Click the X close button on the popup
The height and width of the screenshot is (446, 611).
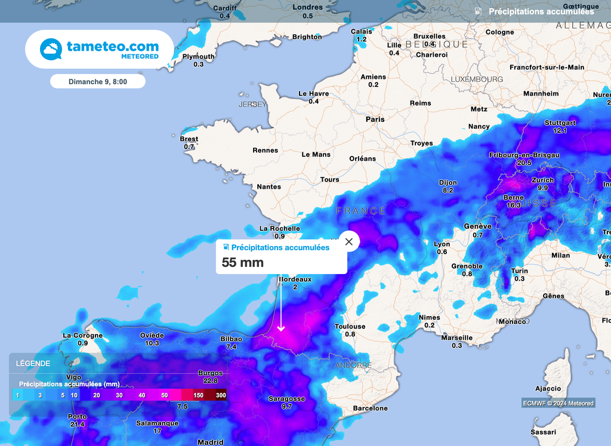[349, 242]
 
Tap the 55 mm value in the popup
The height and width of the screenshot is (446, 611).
[243, 262]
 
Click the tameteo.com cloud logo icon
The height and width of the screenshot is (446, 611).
[51, 49]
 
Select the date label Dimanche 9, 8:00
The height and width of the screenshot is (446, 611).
[97, 81]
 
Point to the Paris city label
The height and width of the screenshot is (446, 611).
[375, 119]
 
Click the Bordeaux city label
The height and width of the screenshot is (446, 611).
[295, 279]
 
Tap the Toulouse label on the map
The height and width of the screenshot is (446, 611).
[350, 327]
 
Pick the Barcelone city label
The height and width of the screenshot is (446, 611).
[371, 408]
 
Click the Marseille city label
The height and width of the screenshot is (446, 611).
[456, 338]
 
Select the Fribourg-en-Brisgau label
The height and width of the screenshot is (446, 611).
[524, 155]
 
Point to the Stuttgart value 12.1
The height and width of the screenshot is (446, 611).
[560, 131]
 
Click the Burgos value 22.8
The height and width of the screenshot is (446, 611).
[210, 381]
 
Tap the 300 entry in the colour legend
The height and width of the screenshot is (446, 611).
[221, 395]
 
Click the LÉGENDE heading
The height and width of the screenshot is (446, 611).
[33, 363]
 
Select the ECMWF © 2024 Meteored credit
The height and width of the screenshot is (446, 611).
[558, 403]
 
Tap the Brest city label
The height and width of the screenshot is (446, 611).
[189, 139]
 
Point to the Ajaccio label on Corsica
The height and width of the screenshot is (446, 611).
[548, 389]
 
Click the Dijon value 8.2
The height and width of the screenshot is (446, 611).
[448, 190]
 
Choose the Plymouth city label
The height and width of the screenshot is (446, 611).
[198, 57]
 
